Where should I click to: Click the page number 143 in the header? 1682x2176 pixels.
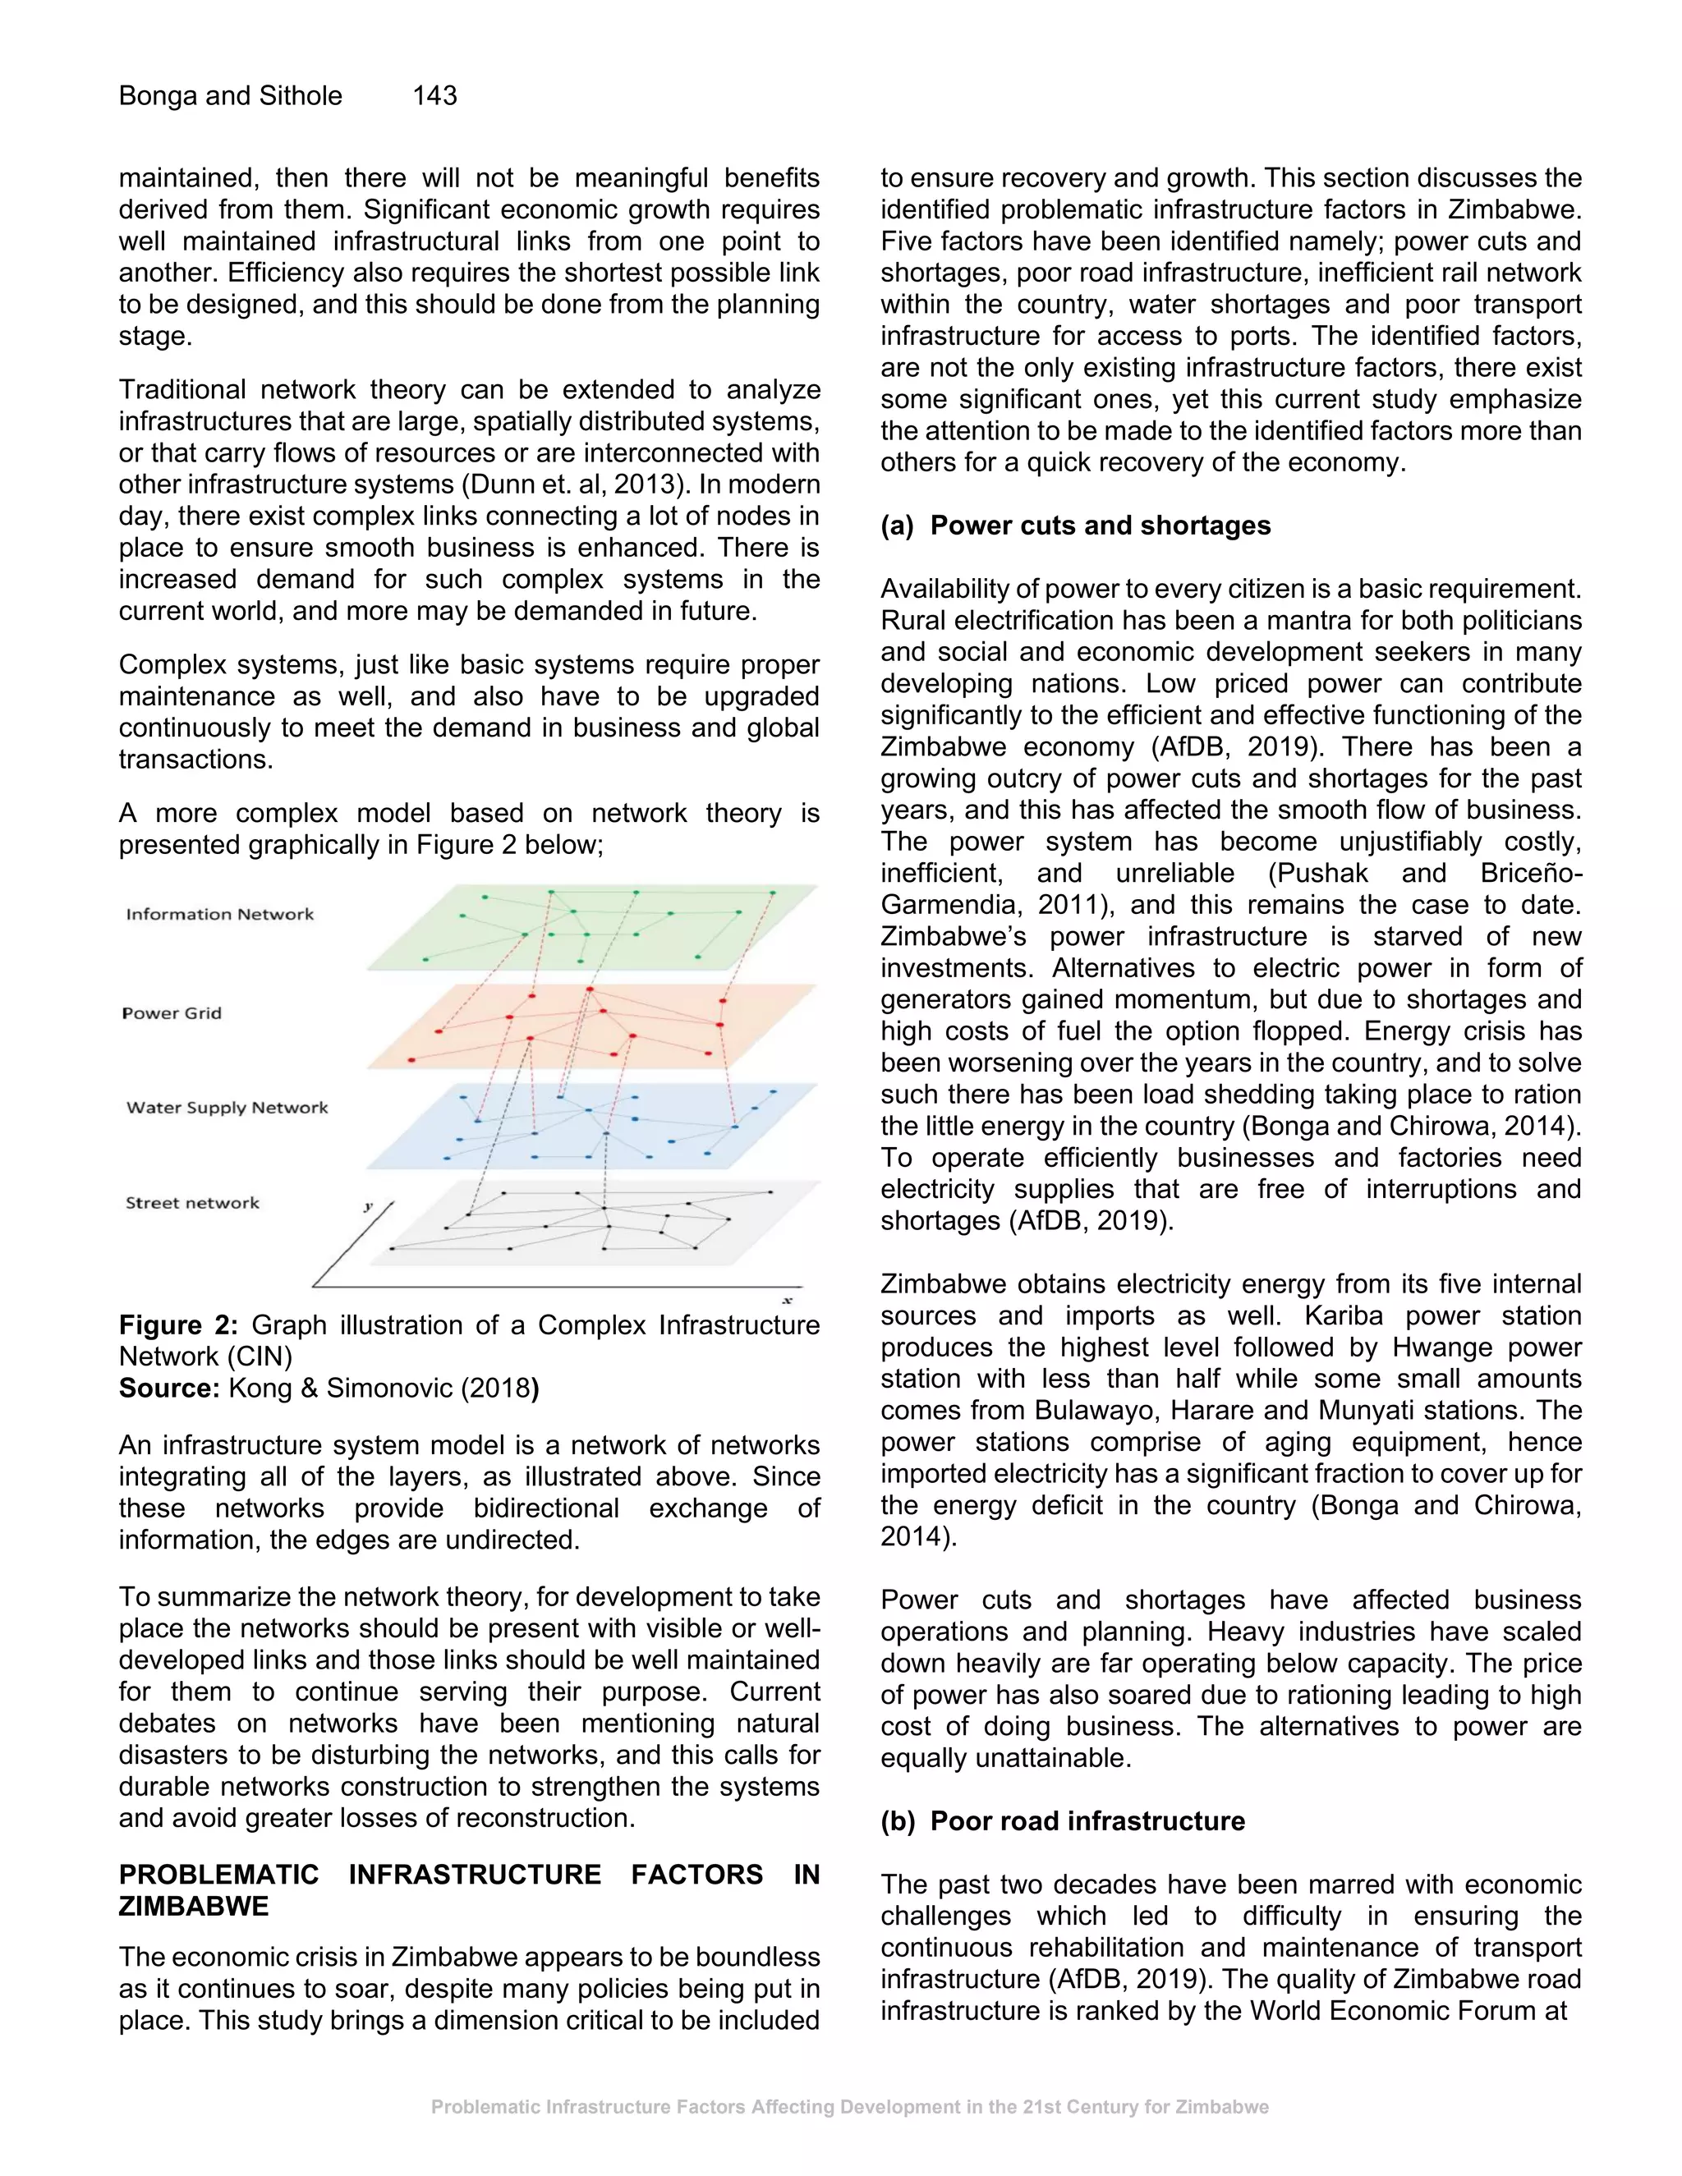[x=434, y=95]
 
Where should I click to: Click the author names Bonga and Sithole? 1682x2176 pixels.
[x=230, y=95]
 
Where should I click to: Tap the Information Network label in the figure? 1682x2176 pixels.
[x=219, y=914]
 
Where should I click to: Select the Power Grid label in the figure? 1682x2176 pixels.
[x=172, y=1013]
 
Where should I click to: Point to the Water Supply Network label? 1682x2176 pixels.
[x=227, y=1107]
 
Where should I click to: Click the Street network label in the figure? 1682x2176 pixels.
[x=192, y=1203]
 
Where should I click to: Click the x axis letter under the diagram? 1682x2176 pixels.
[x=787, y=1300]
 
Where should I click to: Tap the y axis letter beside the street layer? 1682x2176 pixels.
[x=368, y=1206]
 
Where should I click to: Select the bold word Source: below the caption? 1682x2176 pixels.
[x=168, y=1388]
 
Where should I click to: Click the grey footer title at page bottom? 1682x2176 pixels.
[x=849, y=2106]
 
